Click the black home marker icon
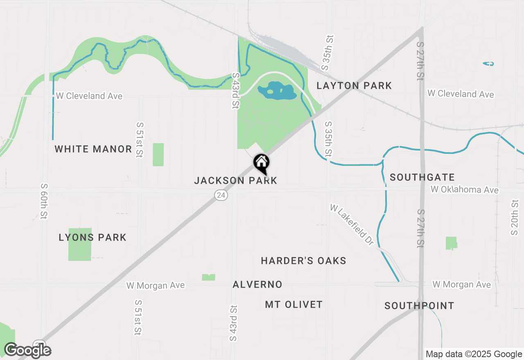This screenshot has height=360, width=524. pyautogui.click(x=261, y=163)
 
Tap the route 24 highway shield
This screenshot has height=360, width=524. pyautogui.click(x=221, y=196)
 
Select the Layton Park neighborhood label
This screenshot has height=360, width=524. pyautogui.click(x=354, y=85)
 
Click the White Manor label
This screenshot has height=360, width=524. pyautogui.click(x=93, y=149)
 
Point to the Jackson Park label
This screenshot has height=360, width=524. pyautogui.click(x=235, y=180)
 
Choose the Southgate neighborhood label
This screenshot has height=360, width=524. pyautogui.click(x=422, y=177)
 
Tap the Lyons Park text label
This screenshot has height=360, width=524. pyautogui.click(x=93, y=237)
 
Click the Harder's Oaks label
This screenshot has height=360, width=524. pyautogui.click(x=303, y=261)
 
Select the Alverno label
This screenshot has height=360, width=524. pyautogui.click(x=257, y=284)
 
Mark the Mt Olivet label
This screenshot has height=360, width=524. pyautogui.click(x=294, y=304)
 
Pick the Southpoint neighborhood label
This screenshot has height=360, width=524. pyautogui.click(x=419, y=306)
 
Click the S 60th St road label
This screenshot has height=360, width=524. pyautogui.click(x=44, y=201)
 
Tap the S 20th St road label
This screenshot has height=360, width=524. pyautogui.click(x=514, y=217)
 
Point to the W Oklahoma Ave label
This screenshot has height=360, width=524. pyautogui.click(x=465, y=190)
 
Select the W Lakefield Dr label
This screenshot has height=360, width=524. pyautogui.click(x=352, y=225)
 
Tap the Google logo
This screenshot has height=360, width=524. pyautogui.click(x=27, y=350)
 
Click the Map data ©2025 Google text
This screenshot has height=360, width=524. pyautogui.click(x=474, y=354)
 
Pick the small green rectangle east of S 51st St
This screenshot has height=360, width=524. pyautogui.click(x=158, y=155)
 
